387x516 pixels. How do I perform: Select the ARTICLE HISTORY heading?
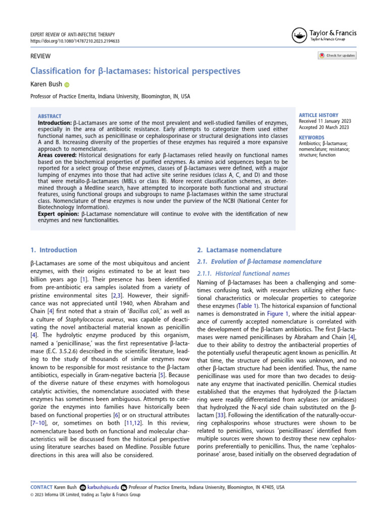319,115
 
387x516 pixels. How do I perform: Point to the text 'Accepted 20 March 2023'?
324,127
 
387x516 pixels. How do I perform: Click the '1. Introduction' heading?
54,250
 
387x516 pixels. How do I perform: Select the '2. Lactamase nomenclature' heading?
239,250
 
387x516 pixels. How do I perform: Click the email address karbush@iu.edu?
103,487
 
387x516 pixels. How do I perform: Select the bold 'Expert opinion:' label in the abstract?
58,214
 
